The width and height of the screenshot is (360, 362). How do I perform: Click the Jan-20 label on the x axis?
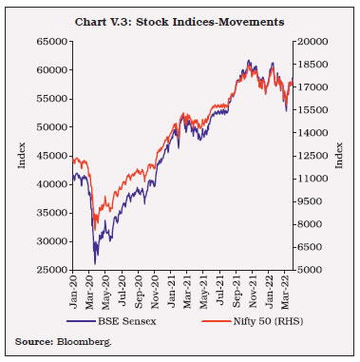pos(75,289)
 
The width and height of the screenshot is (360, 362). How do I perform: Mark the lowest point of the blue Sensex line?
pos(95,263)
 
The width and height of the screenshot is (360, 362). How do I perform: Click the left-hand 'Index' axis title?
pos(22,156)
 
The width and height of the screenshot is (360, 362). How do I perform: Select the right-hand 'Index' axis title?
pos(339,156)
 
